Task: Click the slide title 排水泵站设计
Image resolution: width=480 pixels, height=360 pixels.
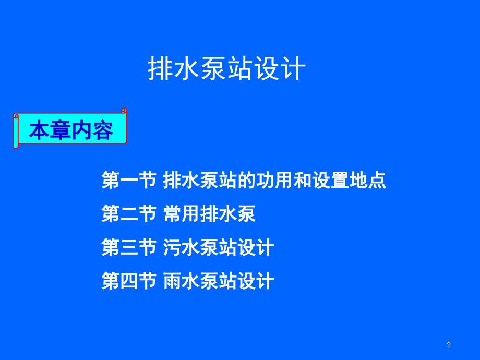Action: click(x=226, y=68)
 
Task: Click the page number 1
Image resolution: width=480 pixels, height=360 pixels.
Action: click(x=449, y=345)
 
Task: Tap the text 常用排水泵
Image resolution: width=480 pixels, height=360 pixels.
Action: click(x=209, y=214)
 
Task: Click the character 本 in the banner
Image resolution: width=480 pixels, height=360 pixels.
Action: click(x=39, y=131)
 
